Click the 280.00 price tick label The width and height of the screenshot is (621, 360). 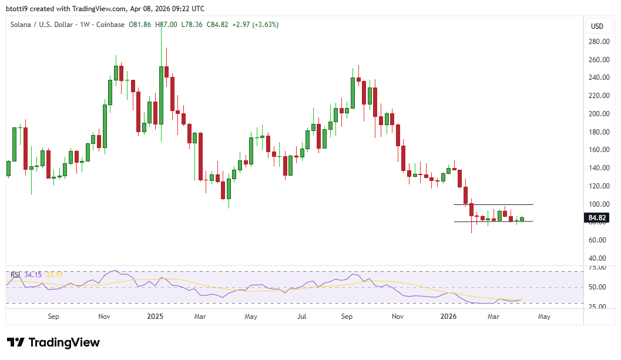pyautogui.click(x=598, y=42)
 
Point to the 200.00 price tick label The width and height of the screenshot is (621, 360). pyautogui.click(x=598, y=114)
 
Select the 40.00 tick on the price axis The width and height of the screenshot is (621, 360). pyautogui.click(x=598, y=258)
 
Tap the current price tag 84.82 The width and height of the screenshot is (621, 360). pyautogui.click(x=597, y=218)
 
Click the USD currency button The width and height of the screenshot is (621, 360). pyautogui.click(x=597, y=26)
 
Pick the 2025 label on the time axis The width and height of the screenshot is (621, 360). pyautogui.click(x=155, y=317)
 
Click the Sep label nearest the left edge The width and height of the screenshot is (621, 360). pyautogui.click(x=53, y=317)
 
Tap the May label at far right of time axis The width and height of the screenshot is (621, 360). pyautogui.click(x=545, y=317)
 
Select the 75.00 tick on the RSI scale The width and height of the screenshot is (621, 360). pyautogui.click(x=597, y=268)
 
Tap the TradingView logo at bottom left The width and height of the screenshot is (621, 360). pyautogui.click(x=53, y=342)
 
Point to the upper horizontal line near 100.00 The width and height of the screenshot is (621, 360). pyautogui.click(x=494, y=204)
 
